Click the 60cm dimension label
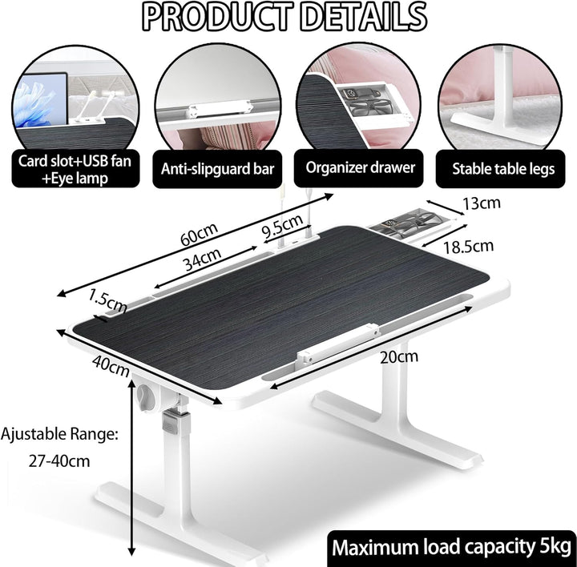199,234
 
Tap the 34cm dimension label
203,259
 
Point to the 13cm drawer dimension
482,203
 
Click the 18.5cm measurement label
468,247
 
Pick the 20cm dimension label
399,357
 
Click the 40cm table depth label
111,366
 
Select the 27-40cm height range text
59,461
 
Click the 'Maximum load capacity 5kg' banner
451,548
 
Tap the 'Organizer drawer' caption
361,168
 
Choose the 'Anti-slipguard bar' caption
217,169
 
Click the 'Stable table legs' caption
503,169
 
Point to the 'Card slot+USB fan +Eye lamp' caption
75,170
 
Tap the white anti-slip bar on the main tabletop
338,344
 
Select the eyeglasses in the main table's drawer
418,220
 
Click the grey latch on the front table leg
176,421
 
